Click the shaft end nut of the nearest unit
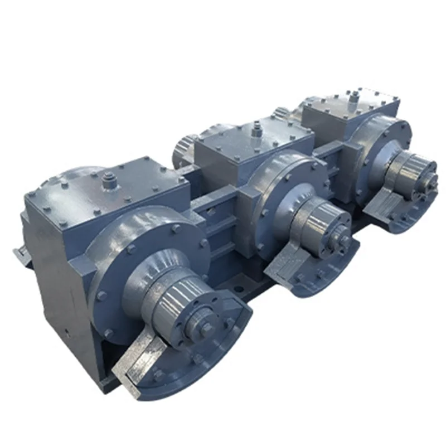205,328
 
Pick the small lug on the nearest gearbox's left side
21,255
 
